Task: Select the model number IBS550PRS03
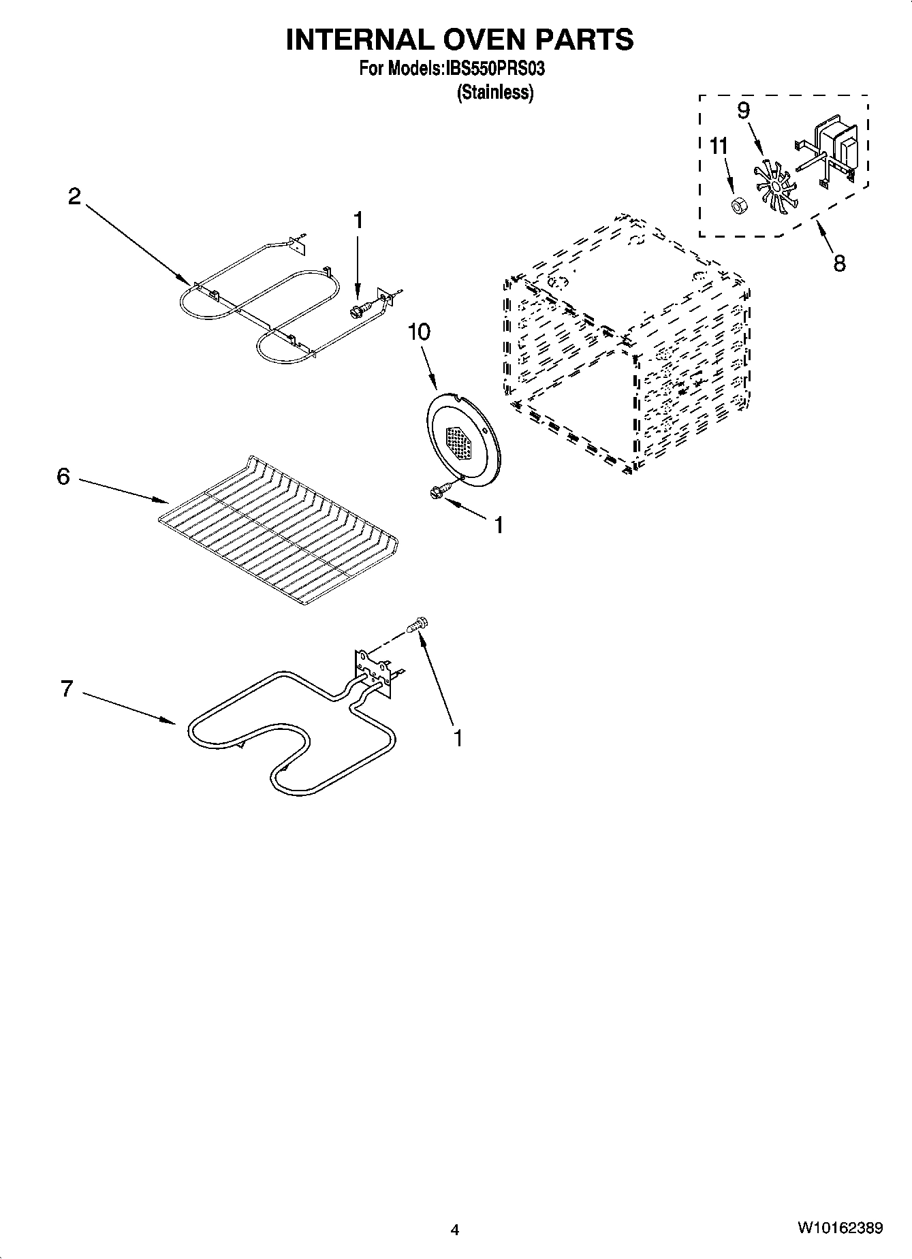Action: [x=496, y=69]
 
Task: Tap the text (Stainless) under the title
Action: [x=494, y=93]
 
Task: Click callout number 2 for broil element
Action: [x=74, y=197]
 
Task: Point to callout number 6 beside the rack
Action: [x=63, y=476]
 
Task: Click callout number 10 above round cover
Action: [x=419, y=332]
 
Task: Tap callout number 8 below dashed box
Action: [x=839, y=263]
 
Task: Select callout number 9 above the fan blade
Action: [x=744, y=110]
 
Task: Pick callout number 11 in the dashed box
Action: [x=719, y=146]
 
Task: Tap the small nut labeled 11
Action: [x=737, y=205]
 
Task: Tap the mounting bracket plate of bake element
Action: [x=373, y=671]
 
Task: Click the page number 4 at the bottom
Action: [x=455, y=1230]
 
